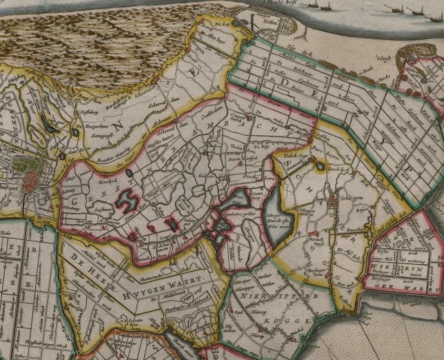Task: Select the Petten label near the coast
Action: (x=270, y=22)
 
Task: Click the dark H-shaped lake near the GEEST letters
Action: (x=127, y=201)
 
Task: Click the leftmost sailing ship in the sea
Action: (x=316, y=5)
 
